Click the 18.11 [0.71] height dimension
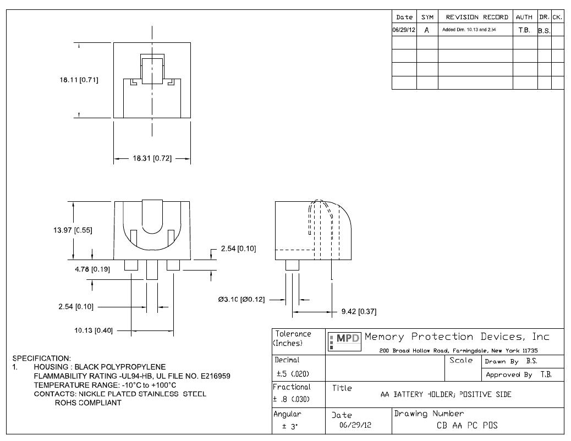pyautogui.click(x=79, y=80)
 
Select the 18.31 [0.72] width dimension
pyautogui.click(x=152, y=159)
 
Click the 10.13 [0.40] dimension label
pyautogui.click(x=94, y=330)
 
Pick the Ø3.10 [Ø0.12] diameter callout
pyautogui.click(x=241, y=300)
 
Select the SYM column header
pyautogui.click(x=427, y=18)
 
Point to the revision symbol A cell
pyautogui.click(x=427, y=30)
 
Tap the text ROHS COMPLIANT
pyautogui.click(x=88, y=403)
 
